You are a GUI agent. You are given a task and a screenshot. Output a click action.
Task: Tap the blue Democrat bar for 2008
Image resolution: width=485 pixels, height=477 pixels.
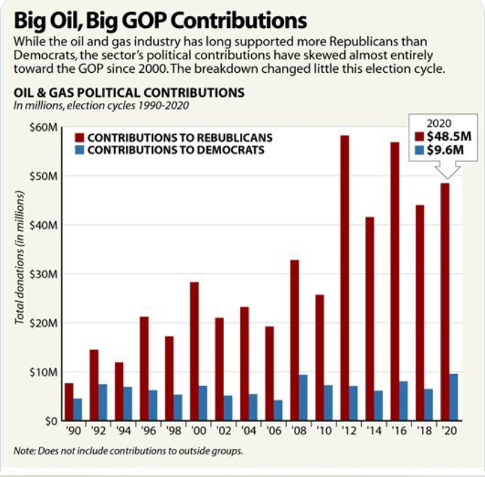(x=302, y=398)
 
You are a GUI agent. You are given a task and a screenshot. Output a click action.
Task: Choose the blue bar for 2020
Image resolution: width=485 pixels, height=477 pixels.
(x=454, y=397)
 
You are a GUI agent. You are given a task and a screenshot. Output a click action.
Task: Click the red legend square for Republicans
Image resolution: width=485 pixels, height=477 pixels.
(x=80, y=138)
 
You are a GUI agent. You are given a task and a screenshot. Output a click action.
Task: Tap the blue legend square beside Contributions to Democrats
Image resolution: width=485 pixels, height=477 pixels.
(x=80, y=150)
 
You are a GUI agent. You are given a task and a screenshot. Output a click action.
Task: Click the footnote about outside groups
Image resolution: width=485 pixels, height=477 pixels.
(x=128, y=450)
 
